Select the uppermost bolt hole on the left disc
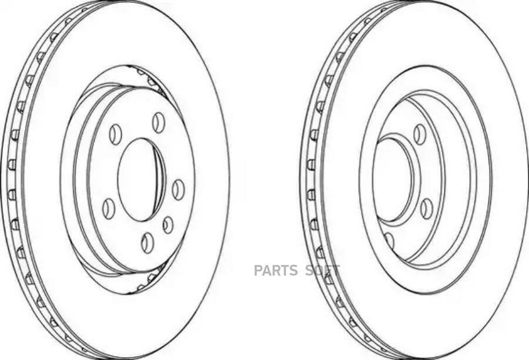(159, 122)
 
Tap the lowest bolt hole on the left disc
(147, 242)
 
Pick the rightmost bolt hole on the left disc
(178, 190)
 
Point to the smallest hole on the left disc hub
(168, 225)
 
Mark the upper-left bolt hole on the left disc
(116, 134)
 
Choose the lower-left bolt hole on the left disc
(108, 208)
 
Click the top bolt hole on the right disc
(419, 134)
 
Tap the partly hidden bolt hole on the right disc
(389, 240)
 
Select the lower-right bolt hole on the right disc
(427, 208)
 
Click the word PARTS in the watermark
(275, 271)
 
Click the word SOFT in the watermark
(322, 271)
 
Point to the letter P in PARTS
(257, 271)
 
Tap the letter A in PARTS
(266, 271)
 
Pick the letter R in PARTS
(275, 271)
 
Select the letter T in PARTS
(284, 271)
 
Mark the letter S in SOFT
(308, 271)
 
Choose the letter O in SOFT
(317, 271)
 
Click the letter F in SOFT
(327, 271)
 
